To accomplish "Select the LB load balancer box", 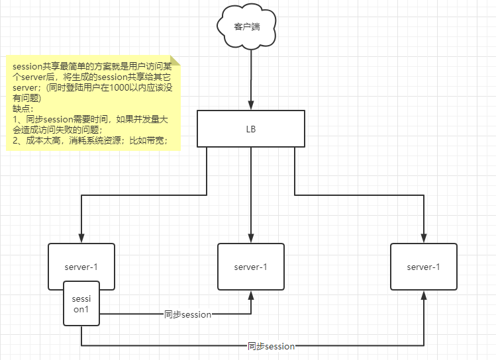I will click(x=251, y=128).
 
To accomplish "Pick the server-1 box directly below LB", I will click(x=251, y=267).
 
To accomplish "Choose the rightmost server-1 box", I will click(x=423, y=267).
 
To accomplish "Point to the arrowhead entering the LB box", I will click(x=251, y=106).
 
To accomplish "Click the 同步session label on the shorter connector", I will click(x=187, y=315).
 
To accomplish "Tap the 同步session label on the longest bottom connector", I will click(x=271, y=346).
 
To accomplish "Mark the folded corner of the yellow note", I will click(x=175, y=61).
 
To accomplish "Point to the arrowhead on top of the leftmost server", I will click(x=81, y=239).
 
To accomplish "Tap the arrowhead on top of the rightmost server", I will click(x=423, y=239).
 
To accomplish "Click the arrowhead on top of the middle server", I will click(x=251, y=239).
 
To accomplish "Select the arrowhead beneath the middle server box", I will click(x=251, y=294).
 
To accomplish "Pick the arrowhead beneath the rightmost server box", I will click(x=423, y=294).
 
